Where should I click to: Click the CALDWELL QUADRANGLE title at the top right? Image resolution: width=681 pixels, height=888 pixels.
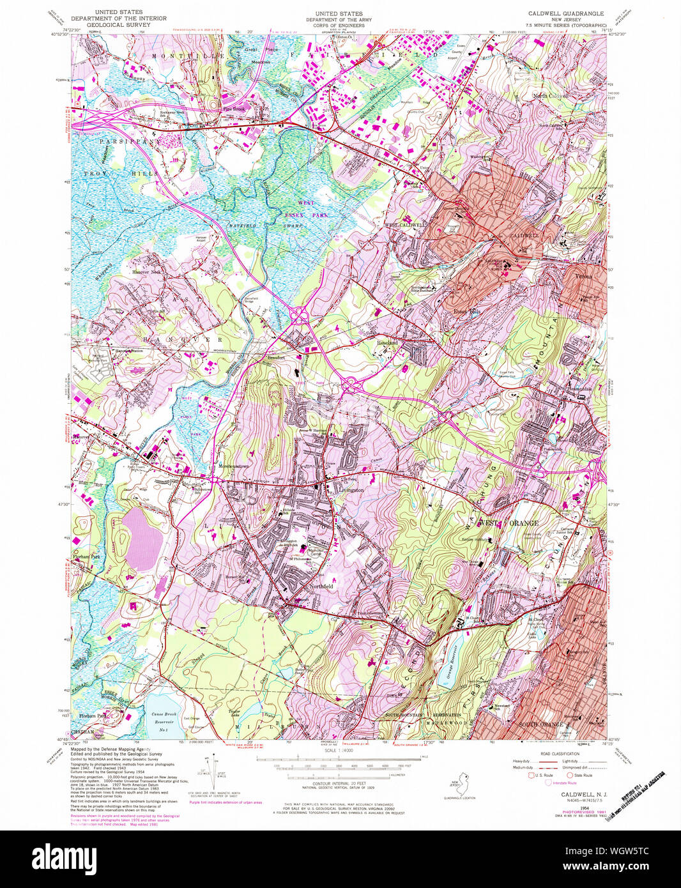565,13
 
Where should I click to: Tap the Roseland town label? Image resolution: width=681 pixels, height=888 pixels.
387,343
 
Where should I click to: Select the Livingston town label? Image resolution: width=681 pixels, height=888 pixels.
350,490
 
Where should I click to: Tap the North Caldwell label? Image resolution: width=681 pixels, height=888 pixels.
551,96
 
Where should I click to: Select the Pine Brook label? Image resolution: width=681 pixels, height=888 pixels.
234,109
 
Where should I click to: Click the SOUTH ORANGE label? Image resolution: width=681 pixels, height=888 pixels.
541,724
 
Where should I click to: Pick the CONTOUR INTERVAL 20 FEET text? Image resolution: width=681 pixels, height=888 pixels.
339,783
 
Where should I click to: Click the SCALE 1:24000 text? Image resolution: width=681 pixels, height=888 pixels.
339,750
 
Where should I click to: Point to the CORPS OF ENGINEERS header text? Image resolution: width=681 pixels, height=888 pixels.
339,25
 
